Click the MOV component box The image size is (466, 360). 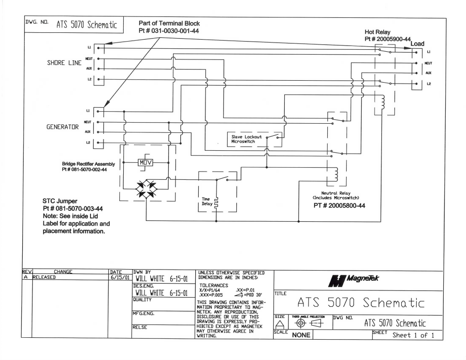[146, 161]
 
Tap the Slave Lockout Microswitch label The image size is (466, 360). [248, 139]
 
